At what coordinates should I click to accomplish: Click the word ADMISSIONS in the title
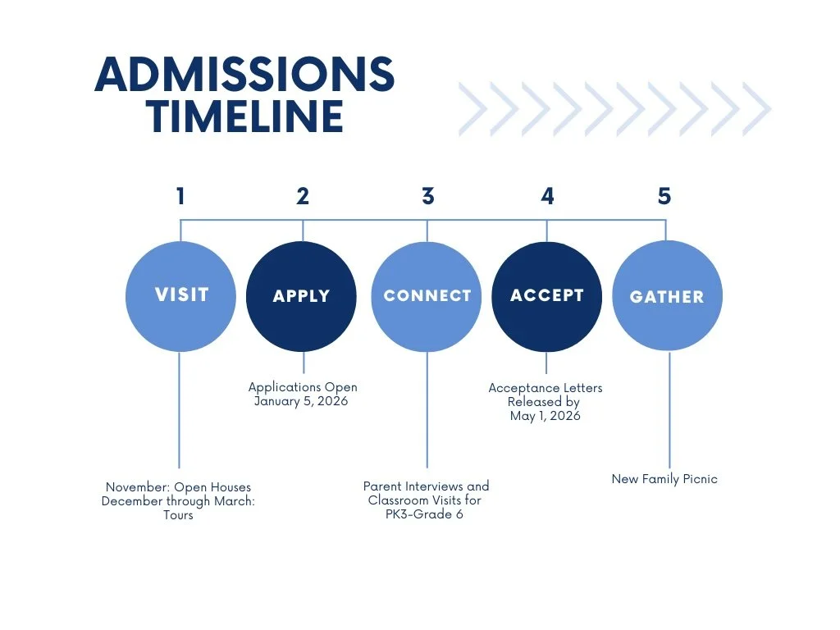244,75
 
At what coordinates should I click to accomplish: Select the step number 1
180,196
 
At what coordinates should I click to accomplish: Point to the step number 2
303,196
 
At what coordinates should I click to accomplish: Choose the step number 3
427,196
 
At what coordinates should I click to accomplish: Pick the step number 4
547,196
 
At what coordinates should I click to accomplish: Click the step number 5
664,196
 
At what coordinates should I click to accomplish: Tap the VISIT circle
180,296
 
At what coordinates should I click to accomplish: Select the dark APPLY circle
301,296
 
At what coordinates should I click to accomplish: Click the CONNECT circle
427,296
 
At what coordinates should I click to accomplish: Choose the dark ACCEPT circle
546,296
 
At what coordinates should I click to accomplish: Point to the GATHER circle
667,296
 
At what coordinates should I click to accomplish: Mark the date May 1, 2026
545,416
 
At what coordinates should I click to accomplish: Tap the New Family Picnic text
664,479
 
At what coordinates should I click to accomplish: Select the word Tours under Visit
178,515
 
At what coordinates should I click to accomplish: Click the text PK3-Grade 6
427,514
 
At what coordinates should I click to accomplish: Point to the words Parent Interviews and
427,486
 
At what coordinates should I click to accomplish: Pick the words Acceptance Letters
545,387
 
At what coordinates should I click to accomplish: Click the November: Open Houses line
178,487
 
